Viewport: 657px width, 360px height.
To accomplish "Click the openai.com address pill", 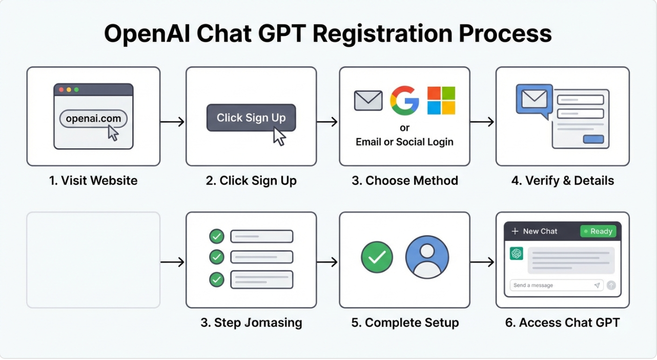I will pos(93,118).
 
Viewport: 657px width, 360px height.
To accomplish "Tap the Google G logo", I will pos(404,101).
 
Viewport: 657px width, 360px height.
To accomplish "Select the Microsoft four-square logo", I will pos(441,101).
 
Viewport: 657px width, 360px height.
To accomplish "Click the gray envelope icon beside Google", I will pos(368,101).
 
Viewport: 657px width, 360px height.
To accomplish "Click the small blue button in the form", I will pos(593,139).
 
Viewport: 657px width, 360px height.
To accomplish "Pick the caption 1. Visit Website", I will pos(93,181).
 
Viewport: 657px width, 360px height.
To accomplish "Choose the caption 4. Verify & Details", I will pos(563,181).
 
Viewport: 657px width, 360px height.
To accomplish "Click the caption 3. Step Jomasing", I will pos(251,323).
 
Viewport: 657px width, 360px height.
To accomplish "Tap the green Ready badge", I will pos(598,231).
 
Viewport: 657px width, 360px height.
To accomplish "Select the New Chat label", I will pos(540,231).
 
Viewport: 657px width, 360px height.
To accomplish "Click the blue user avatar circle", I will pos(427,257).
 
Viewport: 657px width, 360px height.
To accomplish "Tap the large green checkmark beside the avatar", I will pos(377,257).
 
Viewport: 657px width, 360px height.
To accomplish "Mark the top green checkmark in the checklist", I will pos(217,236).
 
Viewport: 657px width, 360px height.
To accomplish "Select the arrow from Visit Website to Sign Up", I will pos(172,122).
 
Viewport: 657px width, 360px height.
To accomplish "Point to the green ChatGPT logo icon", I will pos(516,253).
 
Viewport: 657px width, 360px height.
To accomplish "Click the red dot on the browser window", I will pos(61,90).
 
